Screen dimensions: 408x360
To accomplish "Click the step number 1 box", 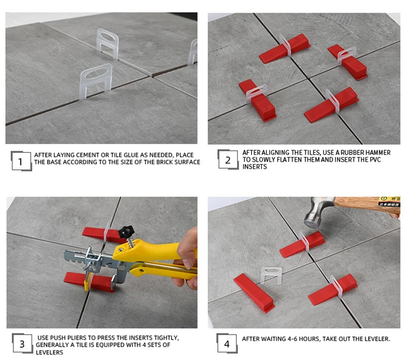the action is (21, 161).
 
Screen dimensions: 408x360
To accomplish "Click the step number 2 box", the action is (228, 160).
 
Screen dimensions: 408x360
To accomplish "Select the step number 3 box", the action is (23, 344).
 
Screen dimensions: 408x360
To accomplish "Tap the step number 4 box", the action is (227, 344).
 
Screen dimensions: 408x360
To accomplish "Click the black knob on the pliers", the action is (126, 231).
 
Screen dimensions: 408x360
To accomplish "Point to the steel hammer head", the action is (316, 213).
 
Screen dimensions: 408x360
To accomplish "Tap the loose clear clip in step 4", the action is (271, 275).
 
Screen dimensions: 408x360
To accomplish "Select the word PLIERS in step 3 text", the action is (77, 337).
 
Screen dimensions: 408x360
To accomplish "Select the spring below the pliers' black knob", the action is (132, 243).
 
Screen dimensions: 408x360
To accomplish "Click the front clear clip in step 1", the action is (96, 82).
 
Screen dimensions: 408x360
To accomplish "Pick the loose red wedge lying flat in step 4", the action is (254, 293).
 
